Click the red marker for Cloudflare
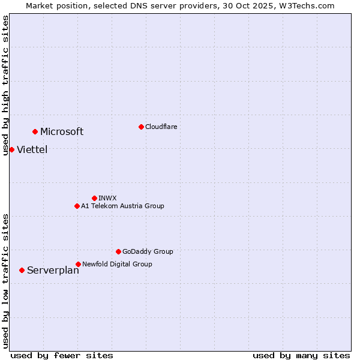click(141, 127)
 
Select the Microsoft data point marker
click(35, 131)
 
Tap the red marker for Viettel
click(11, 149)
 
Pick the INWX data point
click(94, 198)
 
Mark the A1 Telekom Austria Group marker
click(77, 206)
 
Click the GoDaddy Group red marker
click(118, 251)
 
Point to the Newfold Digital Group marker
click(78, 264)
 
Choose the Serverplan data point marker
click(22, 270)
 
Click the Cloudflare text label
click(161, 127)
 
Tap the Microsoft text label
click(62, 132)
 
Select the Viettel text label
click(32, 150)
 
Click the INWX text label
click(107, 198)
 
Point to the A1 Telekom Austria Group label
click(122, 206)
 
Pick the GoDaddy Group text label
click(148, 251)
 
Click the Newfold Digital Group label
click(117, 264)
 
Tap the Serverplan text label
click(53, 271)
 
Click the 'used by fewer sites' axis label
click(62, 355)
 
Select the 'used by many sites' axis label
click(301, 355)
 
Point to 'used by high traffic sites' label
click(5, 85)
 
